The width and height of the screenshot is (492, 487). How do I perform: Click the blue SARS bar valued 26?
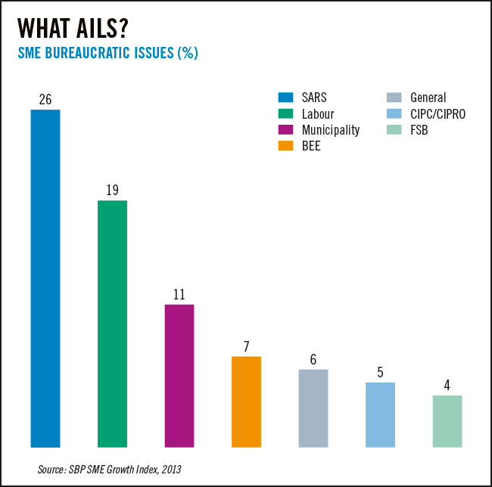45,278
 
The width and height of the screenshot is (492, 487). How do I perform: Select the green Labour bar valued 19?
112,324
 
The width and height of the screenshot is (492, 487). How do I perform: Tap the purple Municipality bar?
179,376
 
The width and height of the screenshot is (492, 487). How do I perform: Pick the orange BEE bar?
246,402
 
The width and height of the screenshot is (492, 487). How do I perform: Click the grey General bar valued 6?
313,408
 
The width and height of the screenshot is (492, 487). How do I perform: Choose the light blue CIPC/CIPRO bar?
380,414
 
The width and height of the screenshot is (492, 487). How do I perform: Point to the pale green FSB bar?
447,421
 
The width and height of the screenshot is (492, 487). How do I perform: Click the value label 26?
45,99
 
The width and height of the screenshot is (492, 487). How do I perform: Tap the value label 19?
112,191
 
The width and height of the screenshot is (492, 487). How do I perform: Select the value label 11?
179,295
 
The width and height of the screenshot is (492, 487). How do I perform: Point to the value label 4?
447,385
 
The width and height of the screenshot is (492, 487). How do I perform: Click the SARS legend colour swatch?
285,98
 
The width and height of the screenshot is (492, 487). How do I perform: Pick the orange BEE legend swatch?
285,146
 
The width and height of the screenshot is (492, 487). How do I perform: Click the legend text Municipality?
331,130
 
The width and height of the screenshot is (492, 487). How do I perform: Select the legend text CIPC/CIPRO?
438,114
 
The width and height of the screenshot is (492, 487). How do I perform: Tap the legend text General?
428,98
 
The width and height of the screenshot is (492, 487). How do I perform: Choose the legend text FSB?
419,130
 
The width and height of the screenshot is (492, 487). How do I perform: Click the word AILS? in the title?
102,28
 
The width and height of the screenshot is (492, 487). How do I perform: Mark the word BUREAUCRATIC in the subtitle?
87,53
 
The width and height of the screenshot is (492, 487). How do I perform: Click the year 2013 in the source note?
171,470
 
